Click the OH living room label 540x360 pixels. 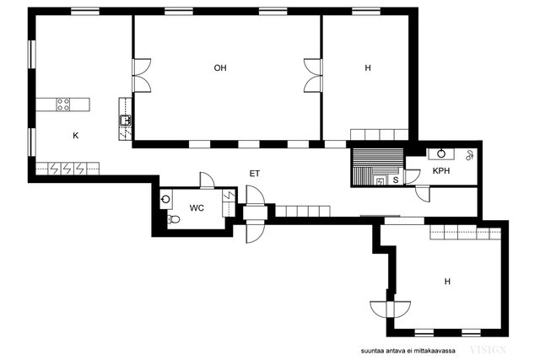(x=220, y=67)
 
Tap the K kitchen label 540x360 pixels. (x=75, y=136)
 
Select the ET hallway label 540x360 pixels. (x=255, y=174)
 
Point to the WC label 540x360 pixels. (x=197, y=208)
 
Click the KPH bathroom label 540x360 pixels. (x=441, y=170)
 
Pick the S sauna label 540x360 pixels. (x=396, y=180)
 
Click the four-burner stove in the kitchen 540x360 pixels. (x=63, y=105)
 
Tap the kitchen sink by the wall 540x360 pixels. (x=126, y=121)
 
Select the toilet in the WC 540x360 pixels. (x=173, y=219)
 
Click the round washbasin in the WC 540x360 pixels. (x=166, y=199)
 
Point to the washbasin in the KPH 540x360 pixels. (x=441, y=153)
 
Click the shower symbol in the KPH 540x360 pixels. (x=469, y=156)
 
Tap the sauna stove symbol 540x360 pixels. (x=380, y=182)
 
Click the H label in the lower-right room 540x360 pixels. (x=447, y=282)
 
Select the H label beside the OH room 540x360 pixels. (x=368, y=67)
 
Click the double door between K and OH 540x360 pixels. (x=142, y=76)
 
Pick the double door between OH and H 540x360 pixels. (x=313, y=76)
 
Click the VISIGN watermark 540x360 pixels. (x=489, y=350)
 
